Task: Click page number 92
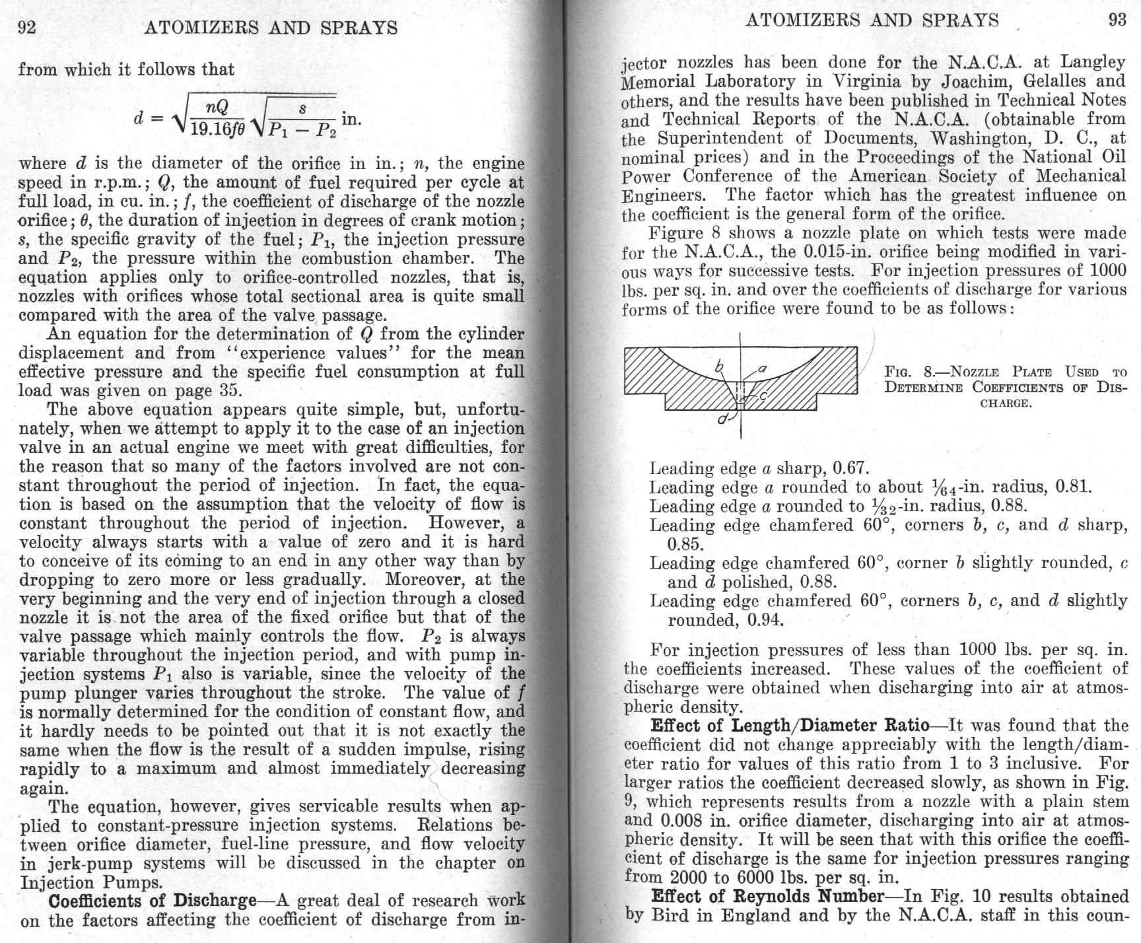27,28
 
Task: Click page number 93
1117,20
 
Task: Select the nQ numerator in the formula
217,108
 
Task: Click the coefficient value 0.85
685,545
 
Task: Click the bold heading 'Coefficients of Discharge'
152,901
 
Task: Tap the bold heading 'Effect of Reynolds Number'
767,896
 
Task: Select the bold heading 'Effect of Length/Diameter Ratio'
789,726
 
